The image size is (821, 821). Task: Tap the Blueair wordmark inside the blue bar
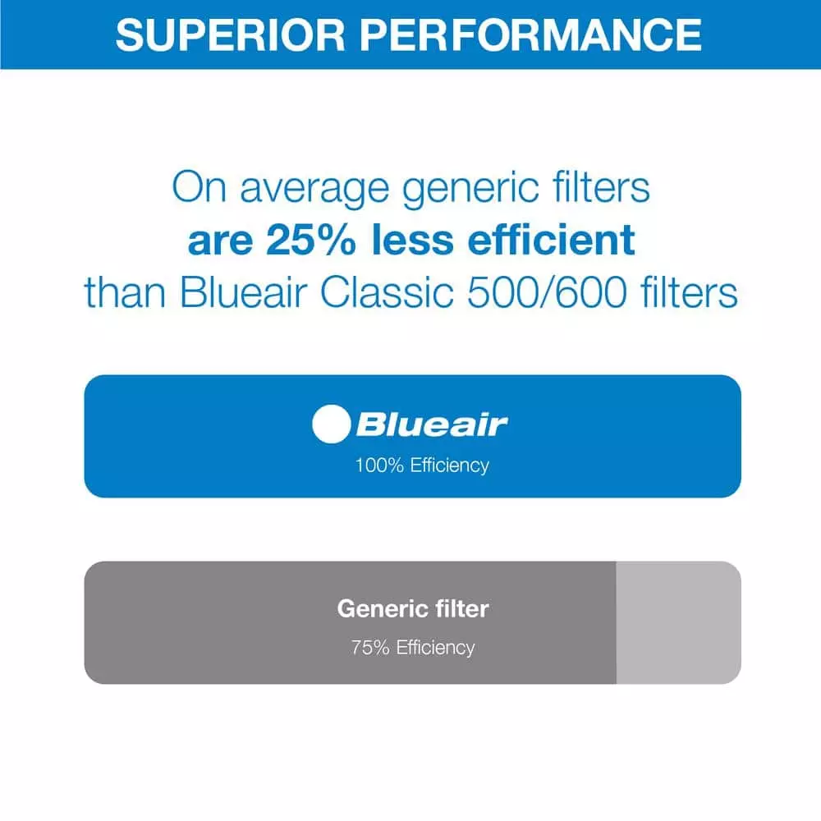click(432, 424)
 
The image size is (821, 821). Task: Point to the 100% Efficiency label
click(422, 466)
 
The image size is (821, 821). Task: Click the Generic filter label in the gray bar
click(413, 609)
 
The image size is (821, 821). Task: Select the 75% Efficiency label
click(413, 647)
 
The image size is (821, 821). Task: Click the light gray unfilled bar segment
click(678, 622)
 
